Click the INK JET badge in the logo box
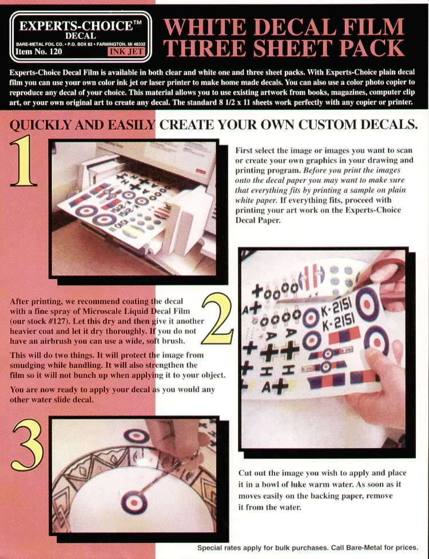(126, 51)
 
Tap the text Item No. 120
(39, 51)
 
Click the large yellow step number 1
(23, 161)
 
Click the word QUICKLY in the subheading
(35, 125)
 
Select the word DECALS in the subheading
(389, 125)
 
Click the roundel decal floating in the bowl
(134, 503)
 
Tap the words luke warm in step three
(316, 485)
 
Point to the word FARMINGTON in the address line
(113, 44)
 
